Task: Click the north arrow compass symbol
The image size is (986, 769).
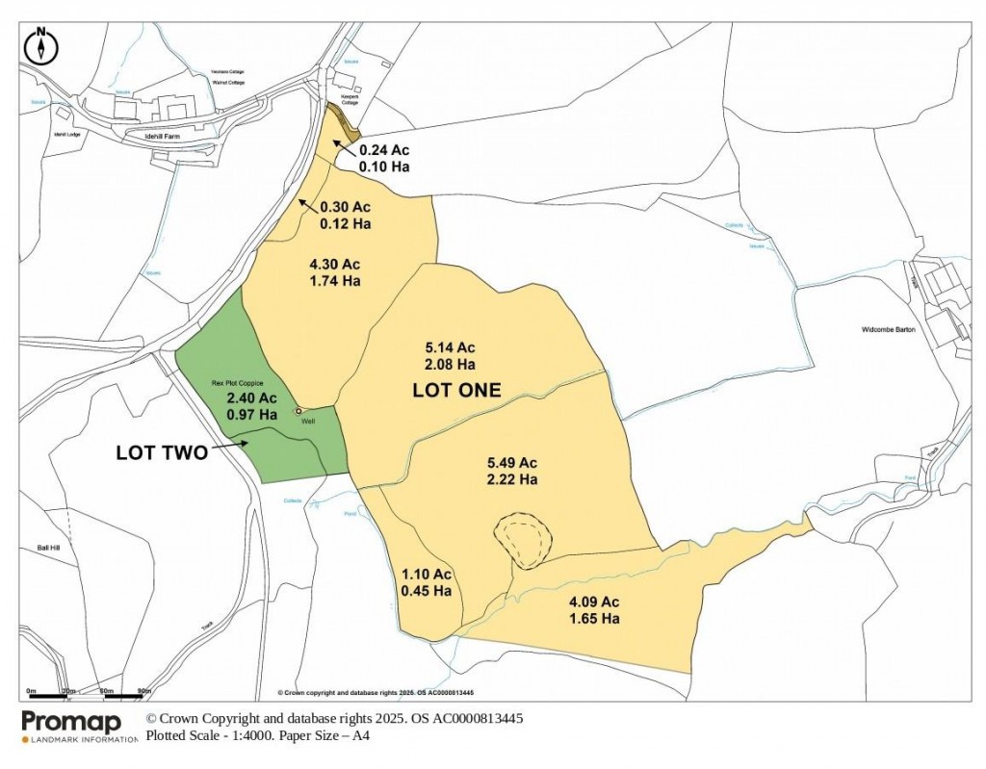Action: tap(41, 44)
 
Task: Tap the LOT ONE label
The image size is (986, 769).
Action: tap(456, 390)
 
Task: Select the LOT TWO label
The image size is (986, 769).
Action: tap(161, 451)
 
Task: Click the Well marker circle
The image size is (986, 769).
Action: tap(298, 412)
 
